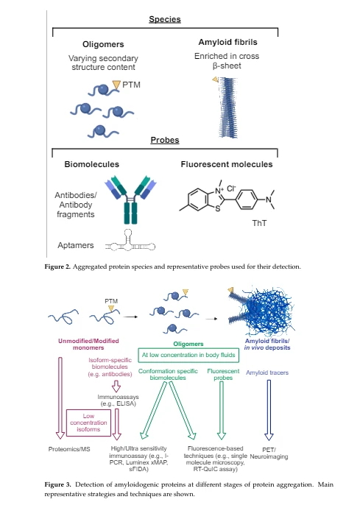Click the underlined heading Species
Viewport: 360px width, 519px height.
(x=165, y=19)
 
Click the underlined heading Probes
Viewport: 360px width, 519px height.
(x=165, y=140)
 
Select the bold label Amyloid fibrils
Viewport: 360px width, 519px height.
(x=227, y=42)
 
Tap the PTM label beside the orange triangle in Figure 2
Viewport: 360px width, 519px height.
(x=131, y=85)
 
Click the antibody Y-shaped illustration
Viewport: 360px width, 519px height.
(x=130, y=200)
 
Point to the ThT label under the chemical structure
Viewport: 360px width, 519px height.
(x=259, y=223)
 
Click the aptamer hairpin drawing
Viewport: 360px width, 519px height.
(x=130, y=241)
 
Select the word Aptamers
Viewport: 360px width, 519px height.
(x=75, y=245)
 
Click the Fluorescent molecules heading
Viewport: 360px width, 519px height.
(x=227, y=164)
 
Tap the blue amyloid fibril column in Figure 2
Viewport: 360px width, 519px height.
(x=228, y=107)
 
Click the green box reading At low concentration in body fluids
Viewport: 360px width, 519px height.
(x=188, y=355)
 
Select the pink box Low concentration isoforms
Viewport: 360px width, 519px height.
(x=88, y=423)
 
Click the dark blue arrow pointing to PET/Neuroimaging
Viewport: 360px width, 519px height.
(x=269, y=410)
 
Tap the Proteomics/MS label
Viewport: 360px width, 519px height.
(x=69, y=449)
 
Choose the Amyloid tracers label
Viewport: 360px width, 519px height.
(x=267, y=373)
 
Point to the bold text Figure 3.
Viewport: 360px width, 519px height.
(x=57, y=484)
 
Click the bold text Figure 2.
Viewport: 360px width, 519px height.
(x=57, y=266)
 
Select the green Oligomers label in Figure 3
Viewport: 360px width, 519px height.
(x=188, y=344)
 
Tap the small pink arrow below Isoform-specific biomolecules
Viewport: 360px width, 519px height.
(x=116, y=386)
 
